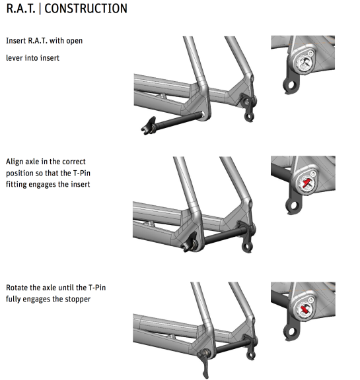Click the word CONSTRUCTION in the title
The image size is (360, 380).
pyautogui.click(x=86, y=9)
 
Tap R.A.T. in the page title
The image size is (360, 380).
pyautogui.click(x=21, y=9)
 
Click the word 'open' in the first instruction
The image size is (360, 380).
pyautogui.click(x=75, y=41)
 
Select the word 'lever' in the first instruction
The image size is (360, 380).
pyautogui.click(x=15, y=58)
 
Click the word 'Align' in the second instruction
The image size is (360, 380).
pyautogui.click(x=15, y=162)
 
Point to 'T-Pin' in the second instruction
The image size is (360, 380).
pyautogui.click(x=81, y=174)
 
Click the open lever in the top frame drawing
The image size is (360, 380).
pyautogui.click(x=149, y=125)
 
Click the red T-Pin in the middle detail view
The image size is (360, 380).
pyautogui.click(x=306, y=183)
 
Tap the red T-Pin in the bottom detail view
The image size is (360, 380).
pyautogui.click(x=305, y=309)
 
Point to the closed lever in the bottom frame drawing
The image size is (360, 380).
pyautogui.click(x=204, y=363)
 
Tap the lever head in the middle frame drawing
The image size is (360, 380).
pyautogui.click(x=189, y=242)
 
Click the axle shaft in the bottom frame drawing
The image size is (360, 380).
pyautogui.click(x=232, y=346)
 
